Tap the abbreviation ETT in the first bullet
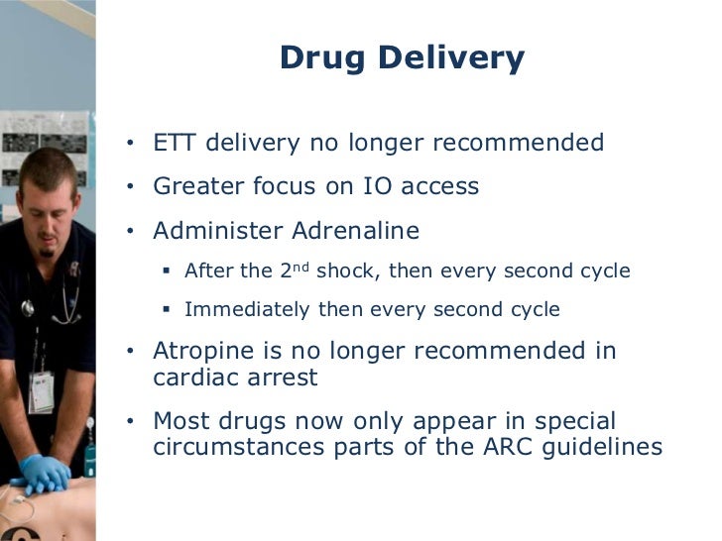click(x=176, y=143)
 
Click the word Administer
click(x=217, y=231)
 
